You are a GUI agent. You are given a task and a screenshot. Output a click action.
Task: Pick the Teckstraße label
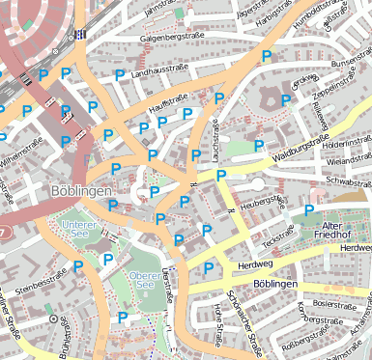[276, 234]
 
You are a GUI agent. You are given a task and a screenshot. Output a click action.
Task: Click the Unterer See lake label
[78, 230]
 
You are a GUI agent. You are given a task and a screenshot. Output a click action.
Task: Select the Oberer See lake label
[143, 280]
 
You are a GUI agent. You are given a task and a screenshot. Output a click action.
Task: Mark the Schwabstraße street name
[348, 180]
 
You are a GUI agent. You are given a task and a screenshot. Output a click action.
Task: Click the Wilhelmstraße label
[23, 152]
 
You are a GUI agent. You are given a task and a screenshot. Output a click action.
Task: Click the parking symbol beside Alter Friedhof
[309, 209]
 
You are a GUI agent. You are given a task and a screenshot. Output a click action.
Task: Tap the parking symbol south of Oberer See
[123, 317]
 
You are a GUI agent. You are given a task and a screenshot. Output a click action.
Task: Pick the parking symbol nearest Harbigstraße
[266, 56]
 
